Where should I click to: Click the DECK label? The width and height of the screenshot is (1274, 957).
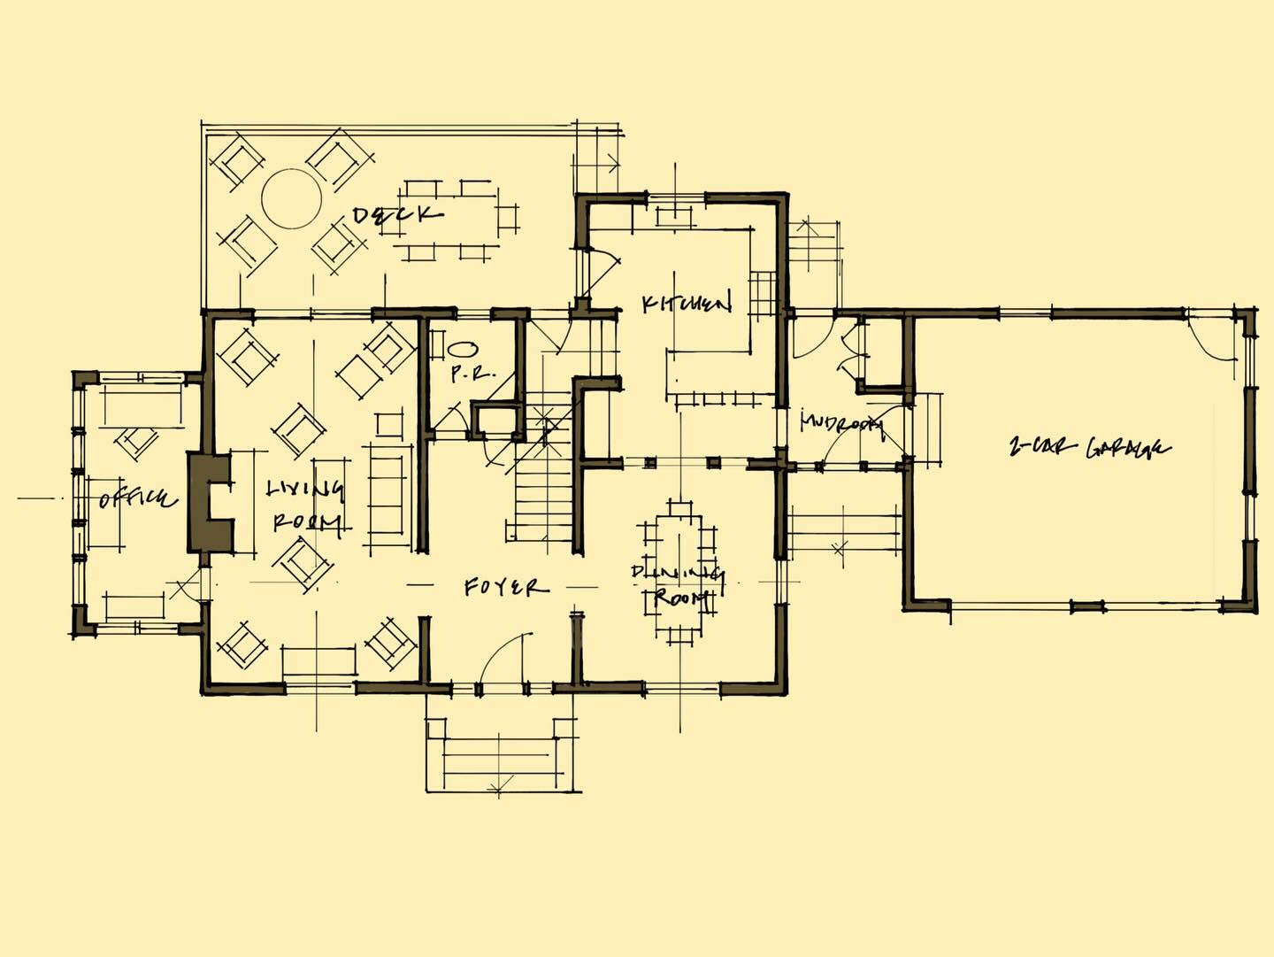click(x=397, y=214)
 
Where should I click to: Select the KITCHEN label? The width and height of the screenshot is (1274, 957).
click(x=687, y=304)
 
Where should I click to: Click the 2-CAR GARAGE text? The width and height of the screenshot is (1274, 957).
click(x=1089, y=447)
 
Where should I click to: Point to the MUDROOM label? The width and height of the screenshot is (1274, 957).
click(x=840, y=423)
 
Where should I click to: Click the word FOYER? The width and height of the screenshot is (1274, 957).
click(x=505, y=587)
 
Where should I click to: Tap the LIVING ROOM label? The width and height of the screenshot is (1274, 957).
click(x=305, y=504)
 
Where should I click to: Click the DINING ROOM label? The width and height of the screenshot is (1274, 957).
click(x=678, y=584)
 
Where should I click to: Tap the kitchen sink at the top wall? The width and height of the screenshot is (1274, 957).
click(x=677, y=212)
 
